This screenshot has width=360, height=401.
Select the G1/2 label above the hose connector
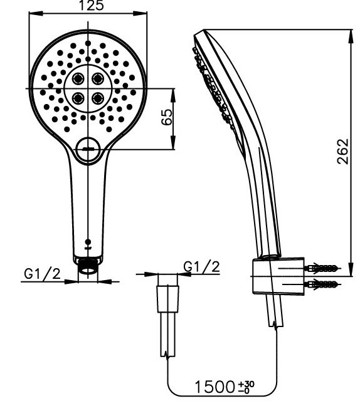click(x=202, y=267)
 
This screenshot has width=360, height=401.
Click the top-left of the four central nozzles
click(x=79, y=78)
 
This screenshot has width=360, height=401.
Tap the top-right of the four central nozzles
click(x=98, y=78)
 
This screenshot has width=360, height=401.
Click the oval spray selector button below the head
click(x=88, y=149)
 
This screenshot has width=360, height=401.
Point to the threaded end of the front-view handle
click(x=88, y=271)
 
